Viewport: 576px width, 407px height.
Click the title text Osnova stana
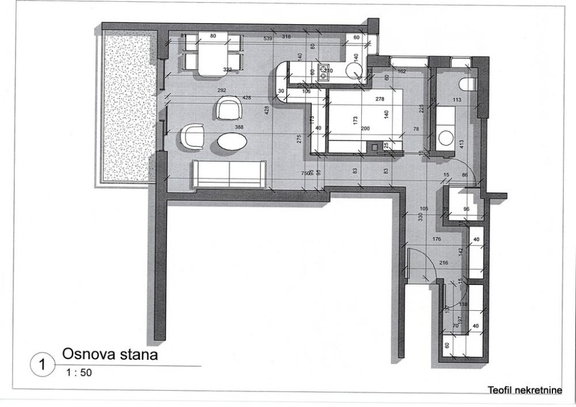click(109, 353)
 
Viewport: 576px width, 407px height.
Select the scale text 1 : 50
click(79, 372)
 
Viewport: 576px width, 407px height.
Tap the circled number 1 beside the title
click(41, 364)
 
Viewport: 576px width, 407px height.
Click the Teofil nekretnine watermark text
click(524, 390)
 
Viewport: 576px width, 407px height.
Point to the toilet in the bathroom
click(468, 85)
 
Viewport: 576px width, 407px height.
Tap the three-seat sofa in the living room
click(229, 174)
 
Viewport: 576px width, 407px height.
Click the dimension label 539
click(268, 38)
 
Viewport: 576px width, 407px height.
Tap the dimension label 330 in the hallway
click(420, 218)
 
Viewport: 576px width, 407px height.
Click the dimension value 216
click(444, 263)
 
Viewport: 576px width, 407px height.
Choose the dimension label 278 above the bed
click(379, 99)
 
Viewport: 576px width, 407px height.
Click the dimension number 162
click(402, 71)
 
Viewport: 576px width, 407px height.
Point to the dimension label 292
click(222, 90)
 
